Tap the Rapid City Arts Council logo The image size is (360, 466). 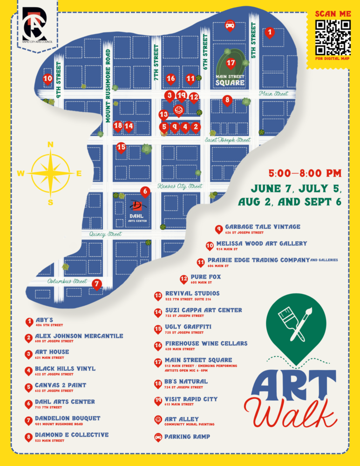[34, 24]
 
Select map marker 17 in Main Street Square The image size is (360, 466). [231, 63]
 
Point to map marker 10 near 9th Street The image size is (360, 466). [48, 79]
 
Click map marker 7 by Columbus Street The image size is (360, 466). [96, 283]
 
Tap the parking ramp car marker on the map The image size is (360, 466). [229, 25]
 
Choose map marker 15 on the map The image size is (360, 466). [121, 148]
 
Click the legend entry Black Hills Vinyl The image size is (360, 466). [65, 368]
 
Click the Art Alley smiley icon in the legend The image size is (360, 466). [158, 420]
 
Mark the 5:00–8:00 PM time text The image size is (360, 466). [305, 174]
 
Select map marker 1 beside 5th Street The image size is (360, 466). [269, 33]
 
